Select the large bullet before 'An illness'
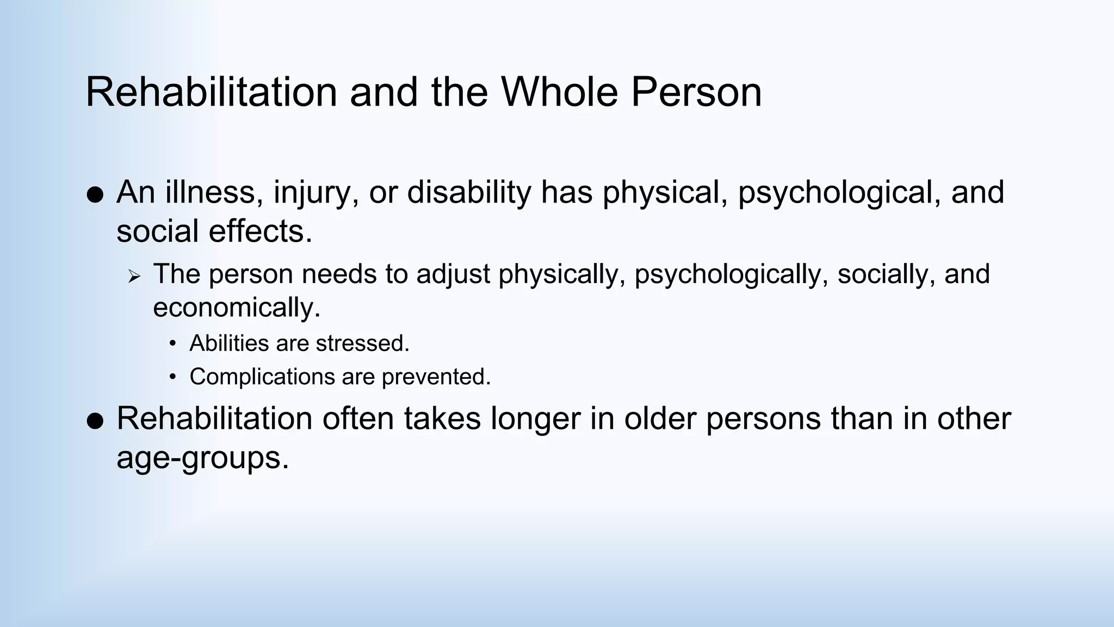[x=95, y=195]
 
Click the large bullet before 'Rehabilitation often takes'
[x=95, y=421]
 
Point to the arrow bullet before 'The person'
[x=134, y=276]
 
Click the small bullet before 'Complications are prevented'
[x=173, y=377]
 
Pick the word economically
[x=237, y=308]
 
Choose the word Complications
[x=262, y=377]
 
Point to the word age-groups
[x=202, y=458]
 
